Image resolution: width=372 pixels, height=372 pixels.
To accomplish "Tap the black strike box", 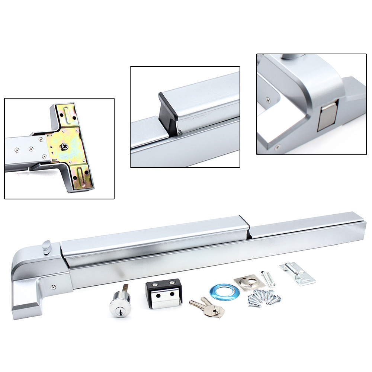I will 164,294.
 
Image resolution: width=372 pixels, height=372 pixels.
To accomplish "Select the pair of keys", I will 207,307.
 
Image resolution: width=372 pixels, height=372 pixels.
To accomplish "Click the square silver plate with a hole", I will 249,283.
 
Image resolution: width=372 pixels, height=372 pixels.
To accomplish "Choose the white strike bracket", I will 298,273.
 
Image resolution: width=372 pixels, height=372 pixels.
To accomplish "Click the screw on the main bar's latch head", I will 54,287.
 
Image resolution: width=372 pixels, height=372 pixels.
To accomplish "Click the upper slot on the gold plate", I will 69,115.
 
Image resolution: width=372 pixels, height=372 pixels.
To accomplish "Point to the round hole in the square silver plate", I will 247,282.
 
